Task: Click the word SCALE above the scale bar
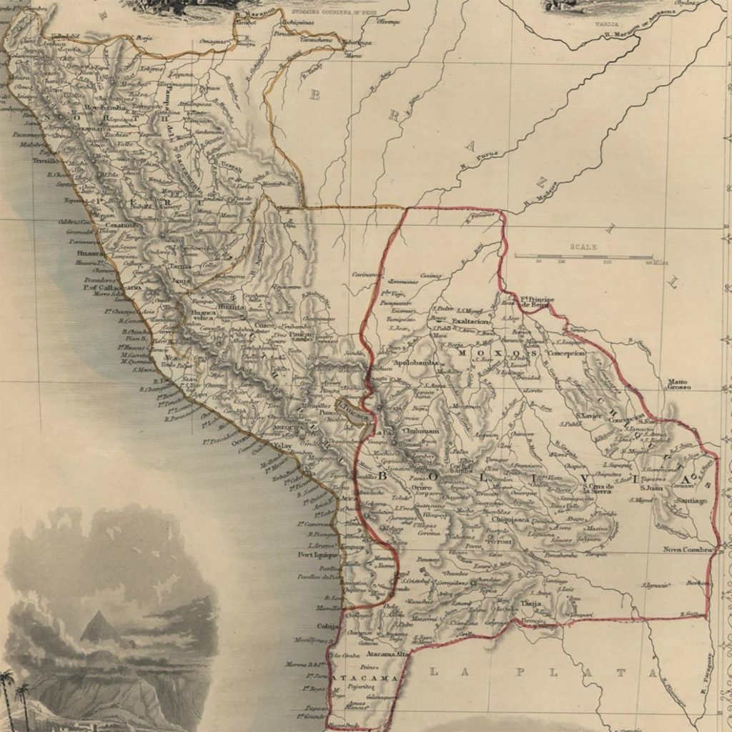[583, 247]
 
